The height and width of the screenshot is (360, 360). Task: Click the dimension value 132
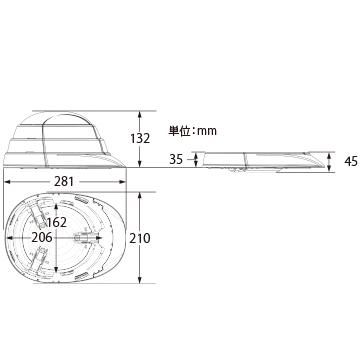(141, 138)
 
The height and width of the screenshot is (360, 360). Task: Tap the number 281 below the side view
(63, 182)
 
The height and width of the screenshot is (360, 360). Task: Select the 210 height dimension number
(141, 238)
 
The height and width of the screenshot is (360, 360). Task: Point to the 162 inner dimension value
(57, 222)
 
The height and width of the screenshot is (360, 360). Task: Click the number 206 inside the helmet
(42, 237)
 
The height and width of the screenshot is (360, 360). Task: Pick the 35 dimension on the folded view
(176, 160)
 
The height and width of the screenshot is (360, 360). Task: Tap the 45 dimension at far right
(351, 162)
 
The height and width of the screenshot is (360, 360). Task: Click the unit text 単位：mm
(192, 131)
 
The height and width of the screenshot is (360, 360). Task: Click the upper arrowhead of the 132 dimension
(140, 114)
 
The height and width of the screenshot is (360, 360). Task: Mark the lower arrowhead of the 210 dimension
(140, 280)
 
